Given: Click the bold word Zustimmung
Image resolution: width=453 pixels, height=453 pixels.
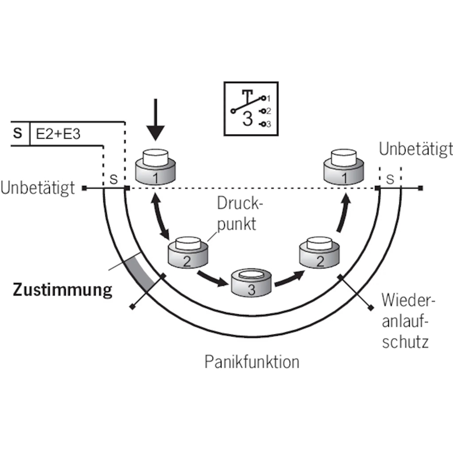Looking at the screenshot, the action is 62,290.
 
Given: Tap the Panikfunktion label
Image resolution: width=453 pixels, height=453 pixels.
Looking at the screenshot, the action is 251,361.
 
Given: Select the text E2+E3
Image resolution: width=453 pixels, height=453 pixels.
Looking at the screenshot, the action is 58,134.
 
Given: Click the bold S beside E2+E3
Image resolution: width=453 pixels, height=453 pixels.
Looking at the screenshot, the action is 18,133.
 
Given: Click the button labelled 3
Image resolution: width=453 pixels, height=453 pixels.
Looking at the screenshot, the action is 251,283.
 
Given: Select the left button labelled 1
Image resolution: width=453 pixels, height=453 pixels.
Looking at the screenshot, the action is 155,166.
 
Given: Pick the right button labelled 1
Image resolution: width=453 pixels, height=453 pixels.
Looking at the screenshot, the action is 344,166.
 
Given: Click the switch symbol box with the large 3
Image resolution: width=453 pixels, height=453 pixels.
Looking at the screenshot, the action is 251,109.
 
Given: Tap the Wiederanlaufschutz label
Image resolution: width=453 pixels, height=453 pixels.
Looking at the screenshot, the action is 408,321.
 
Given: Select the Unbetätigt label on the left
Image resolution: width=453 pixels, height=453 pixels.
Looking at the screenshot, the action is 38,187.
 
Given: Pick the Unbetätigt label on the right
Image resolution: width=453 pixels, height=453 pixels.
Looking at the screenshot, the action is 416,149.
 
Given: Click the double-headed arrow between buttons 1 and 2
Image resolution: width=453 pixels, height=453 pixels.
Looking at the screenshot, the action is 161,216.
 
